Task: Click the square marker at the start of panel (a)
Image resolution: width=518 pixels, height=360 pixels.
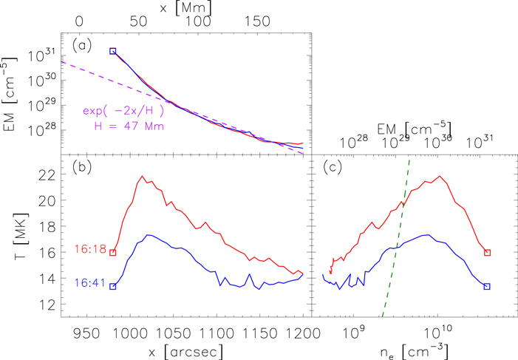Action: [112, 51]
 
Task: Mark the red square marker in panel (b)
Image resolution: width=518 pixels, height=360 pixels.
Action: [112, 253]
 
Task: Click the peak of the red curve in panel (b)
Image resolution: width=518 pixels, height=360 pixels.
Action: [142, 176]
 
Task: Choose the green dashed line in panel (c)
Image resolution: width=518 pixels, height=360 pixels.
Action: [396, 237]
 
